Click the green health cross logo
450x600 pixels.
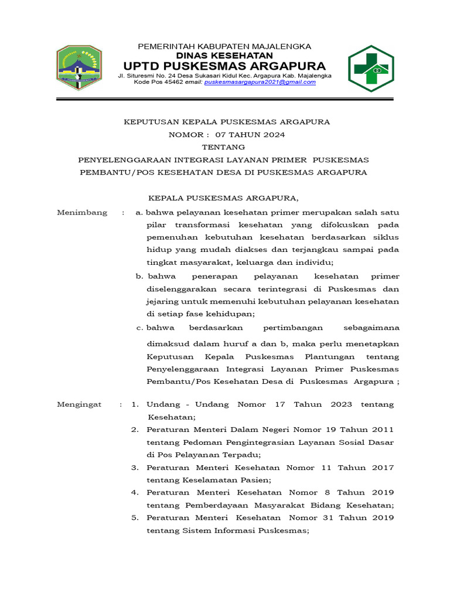(x=371, y=69)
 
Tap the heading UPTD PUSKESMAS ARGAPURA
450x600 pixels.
(x=224, y=65)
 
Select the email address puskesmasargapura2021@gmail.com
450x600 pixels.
(x=260, y=82)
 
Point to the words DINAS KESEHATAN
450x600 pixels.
(x=224, y=55)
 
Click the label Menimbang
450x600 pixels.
(x=82, y=213)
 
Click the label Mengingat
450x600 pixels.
(x=79, y=405)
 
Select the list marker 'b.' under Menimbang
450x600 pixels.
(x=139, y=276)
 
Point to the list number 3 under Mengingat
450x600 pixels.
(x=134, y=468)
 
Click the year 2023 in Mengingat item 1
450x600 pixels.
(x=341, y=405)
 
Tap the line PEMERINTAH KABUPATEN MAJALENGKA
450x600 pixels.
(x=224, y=46)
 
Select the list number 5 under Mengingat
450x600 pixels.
(x=134, y=518)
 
